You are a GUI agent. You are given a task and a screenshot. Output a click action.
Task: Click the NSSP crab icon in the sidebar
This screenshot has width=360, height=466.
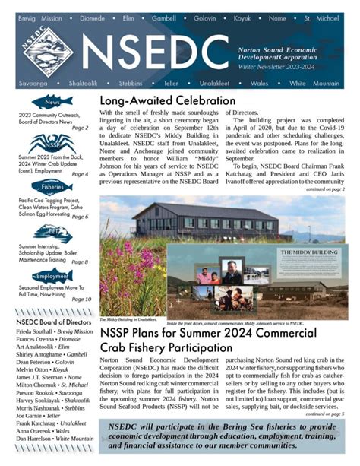coord(51,142)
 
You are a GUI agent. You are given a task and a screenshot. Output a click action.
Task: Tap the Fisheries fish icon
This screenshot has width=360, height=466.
coord(52,186)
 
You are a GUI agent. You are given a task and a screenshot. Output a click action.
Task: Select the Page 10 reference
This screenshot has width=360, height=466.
coord(81,300)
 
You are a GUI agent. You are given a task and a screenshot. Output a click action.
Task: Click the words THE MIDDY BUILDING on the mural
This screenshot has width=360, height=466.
coord(308,252)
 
